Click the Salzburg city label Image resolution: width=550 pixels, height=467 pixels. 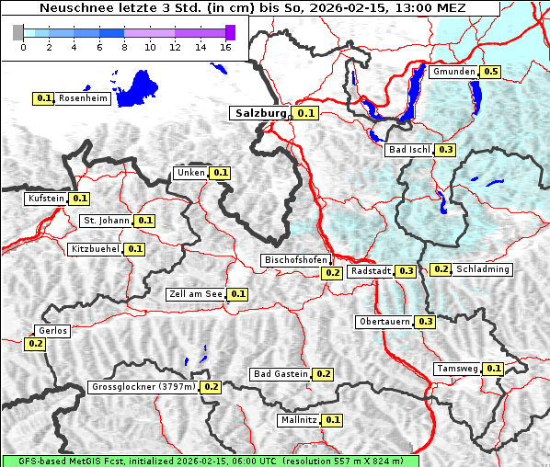point(260,113)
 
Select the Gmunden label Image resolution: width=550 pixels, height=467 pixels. point(453,72)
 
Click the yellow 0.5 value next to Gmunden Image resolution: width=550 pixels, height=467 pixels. point(490,72)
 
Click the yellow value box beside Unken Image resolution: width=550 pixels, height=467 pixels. point(220,173)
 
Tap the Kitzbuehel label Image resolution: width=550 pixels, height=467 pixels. point(95,249)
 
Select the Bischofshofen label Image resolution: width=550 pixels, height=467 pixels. point(294,261)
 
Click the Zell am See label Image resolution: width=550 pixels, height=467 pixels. point(196,294)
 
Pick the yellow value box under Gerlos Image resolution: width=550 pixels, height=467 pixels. point(35,344)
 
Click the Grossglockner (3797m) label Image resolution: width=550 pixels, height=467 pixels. point(143,387)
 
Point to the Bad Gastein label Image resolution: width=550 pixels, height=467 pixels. point(281,374)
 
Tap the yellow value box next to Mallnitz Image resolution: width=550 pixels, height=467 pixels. point(333,420)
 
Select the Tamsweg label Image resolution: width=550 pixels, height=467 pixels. point(457,369)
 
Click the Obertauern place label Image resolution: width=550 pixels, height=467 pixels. point(384,322)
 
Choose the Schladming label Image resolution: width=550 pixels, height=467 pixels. point(483,269)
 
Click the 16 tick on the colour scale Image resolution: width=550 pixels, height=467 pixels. point(224,47)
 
